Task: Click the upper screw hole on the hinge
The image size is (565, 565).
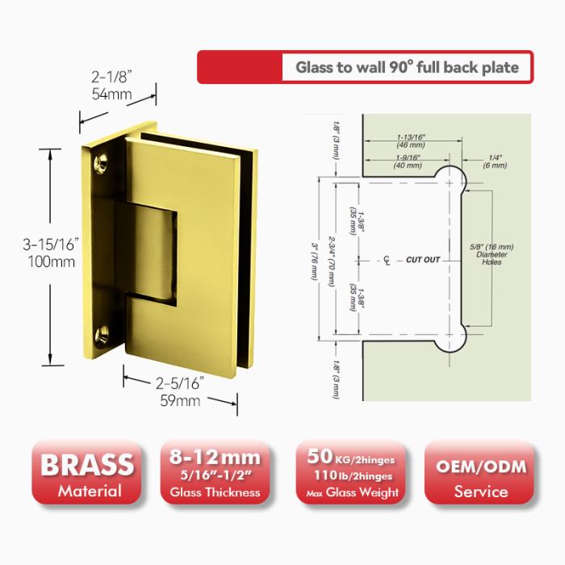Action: pyautogui.click(x=101, y=163)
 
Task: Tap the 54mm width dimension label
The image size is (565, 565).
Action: pyautogui.click(x=111, y=94)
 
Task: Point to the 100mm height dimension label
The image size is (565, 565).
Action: pyautogui.click(x=52, y=262)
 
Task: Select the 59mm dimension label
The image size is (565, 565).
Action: pyautogui.click(x=180, y=400)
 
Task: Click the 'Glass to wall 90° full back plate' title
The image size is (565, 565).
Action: pyautogui.click(x=407, y=67)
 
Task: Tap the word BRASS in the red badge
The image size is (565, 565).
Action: pyautogui.click(x=87, y=465)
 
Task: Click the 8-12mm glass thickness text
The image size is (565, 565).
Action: pyautogui.click(x=215, y=458)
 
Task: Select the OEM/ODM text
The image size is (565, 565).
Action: pyautogui.click(x=481, y=467)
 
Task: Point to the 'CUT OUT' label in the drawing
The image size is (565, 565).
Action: pyautogui.click(x=423, y=260)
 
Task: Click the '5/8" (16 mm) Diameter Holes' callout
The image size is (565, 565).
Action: pyautogui.click(x=492, y=254)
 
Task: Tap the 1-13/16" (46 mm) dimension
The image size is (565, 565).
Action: pyautogui.click(x=411, y=141)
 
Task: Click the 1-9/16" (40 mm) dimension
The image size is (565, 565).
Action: pyautogui.click(x=408, y=161)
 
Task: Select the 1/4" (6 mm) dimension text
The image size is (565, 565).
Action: pyautogui.click(x=495, y=161)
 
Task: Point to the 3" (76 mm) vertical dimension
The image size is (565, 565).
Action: pyautogui.click(x=315, y=262)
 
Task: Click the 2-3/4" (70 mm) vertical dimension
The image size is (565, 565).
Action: pyautogui.click(x=332, y=262)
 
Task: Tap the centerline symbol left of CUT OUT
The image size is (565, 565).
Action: pyautogui.click(x=387, y=260)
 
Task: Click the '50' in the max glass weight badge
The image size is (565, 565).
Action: pyautogui.click(x=320, y=456)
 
